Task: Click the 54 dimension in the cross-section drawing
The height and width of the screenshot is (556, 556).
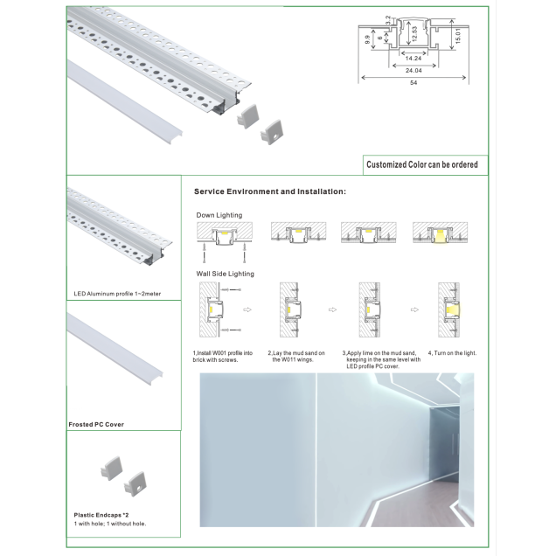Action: point(414,83)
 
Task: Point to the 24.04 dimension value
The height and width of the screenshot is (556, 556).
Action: point(414,71)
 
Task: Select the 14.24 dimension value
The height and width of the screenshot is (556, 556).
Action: point(414,59)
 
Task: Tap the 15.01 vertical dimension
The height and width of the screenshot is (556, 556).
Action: point(458,36)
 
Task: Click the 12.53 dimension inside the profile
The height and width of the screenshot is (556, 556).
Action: point(415,34)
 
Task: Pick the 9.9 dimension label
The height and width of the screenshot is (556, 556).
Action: point(367,39)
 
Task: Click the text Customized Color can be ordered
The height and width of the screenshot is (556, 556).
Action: point(422,164)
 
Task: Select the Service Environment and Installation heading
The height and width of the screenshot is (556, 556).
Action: point(270,191)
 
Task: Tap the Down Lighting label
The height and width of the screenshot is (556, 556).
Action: point(219,215)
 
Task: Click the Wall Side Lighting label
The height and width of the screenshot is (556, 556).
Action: point(226,274)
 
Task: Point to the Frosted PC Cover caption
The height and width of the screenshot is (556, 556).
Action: point(96,425)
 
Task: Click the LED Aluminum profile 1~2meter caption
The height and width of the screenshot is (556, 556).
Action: point(117,294)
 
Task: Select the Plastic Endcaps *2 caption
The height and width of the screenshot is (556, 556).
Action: point(101,515)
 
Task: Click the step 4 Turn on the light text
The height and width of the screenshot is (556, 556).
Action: point(452,353)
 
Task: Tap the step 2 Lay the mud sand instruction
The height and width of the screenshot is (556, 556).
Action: point(296,357)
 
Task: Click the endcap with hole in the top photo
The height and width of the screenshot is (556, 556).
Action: point(272,132)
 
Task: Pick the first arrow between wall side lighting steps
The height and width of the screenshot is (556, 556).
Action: point(247,309)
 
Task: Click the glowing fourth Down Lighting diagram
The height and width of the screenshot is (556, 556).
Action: point(440,233)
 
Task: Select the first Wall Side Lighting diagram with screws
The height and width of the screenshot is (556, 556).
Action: point(220,309)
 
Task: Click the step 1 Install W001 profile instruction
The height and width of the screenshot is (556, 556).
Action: point(223,357)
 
